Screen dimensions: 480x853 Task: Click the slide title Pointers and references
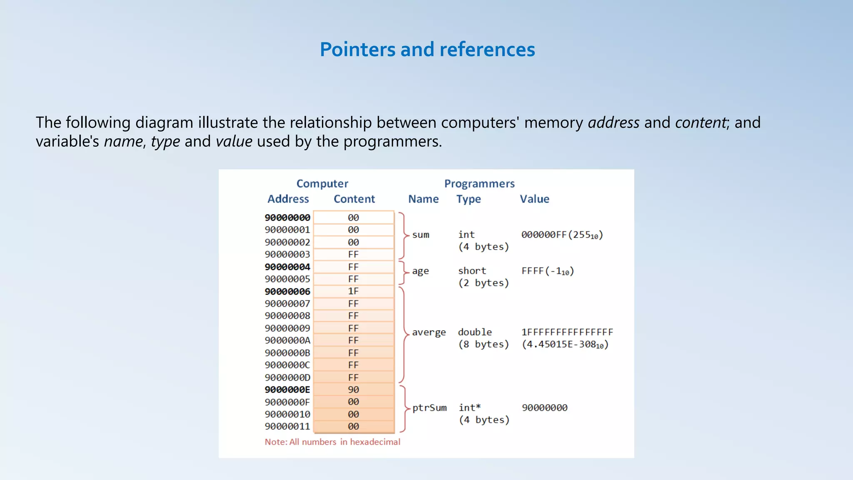[x=427, y=49]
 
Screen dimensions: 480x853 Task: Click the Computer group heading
[x=322, y=184]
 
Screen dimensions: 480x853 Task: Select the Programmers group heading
[x=479, y=184]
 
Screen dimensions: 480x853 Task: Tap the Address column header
[x=288, y=199]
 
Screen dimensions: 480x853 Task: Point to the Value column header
[x=534, y=199]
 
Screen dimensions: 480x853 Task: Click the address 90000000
[x=287, y=217]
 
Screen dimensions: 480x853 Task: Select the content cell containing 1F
[x=353, y=291]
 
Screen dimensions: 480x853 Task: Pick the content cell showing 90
[x=353, y=390]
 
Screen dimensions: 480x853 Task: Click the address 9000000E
[x=287, y=390]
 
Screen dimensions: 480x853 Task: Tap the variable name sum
[x=421, y=235]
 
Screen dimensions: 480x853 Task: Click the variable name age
[x=420, y=271]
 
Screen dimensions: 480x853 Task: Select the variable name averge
[x=429, y=332]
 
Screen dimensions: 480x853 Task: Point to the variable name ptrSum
[x=429, y=408]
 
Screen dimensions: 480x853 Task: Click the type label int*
[x=469, y=408]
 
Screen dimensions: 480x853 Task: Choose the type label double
[x=475, y=332]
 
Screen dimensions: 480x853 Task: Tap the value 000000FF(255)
[x=562, y=235]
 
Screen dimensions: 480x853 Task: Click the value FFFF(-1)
[x=548, y=271]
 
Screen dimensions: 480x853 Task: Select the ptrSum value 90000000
[x=544, y=408]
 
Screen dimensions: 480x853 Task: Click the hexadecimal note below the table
[x=332, y=442]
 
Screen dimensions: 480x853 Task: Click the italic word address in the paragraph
[x=614, y=122]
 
